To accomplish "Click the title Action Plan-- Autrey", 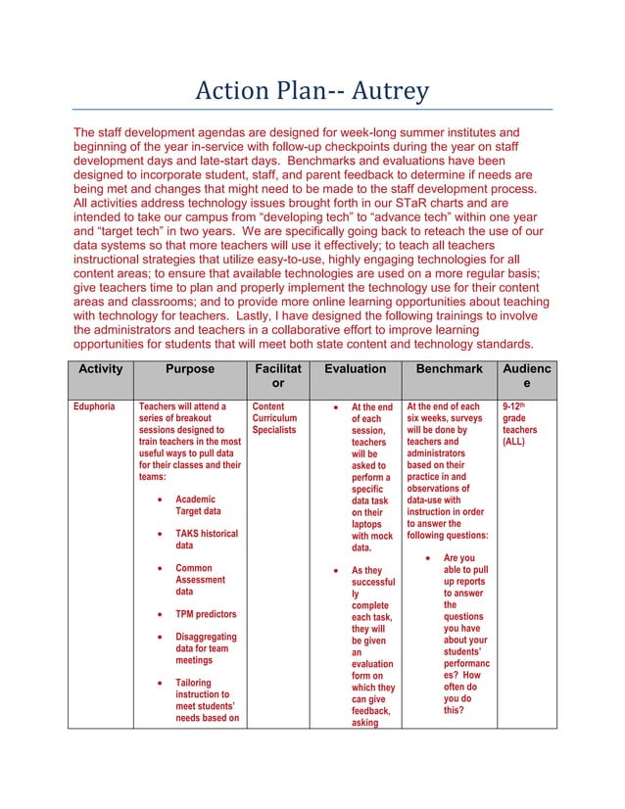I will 312,92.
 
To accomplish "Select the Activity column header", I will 100,369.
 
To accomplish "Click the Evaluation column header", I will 355,369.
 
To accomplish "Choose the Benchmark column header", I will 449,369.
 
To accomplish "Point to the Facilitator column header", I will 277,377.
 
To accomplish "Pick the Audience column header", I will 527,377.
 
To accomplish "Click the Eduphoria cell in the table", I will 96,406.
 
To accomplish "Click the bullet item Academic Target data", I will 198,505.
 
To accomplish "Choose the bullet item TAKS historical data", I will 206,540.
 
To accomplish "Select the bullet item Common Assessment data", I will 200,580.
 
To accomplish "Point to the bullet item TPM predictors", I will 205,615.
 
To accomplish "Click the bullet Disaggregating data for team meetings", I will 206,648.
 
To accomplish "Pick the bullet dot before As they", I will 336,570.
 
